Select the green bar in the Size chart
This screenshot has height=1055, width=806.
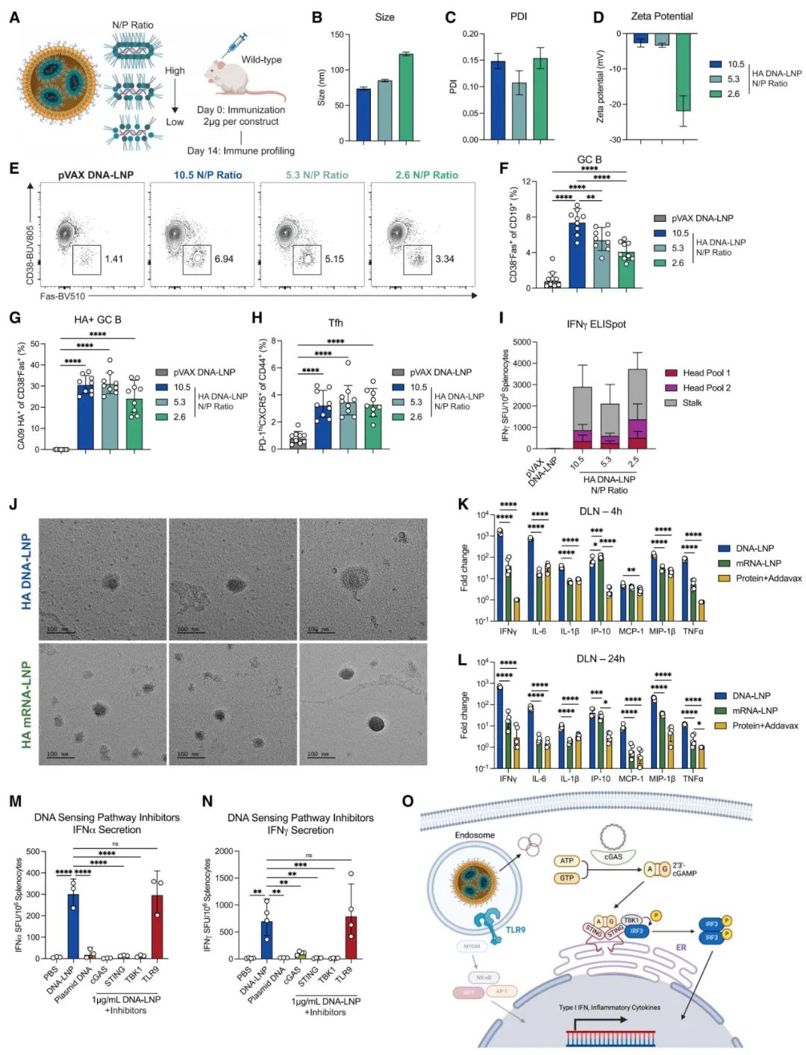pos(406,97)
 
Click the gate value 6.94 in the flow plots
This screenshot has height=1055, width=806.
pos(224,259)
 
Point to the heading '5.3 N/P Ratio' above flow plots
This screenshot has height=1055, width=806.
pos(317,175)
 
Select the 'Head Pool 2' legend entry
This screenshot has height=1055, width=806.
pos(706,388)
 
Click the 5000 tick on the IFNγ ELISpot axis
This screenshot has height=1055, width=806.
pos(522,342)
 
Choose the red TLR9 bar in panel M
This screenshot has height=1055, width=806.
pos(157,926)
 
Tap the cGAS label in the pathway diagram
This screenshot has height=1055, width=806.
pos(613,856)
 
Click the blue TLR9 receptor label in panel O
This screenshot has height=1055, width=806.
pos(516,930)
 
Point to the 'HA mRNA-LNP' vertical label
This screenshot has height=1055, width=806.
pos(26,704)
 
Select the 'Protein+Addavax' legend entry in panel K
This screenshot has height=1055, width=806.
pos(769,578)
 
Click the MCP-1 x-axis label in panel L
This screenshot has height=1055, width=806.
pos(631,779)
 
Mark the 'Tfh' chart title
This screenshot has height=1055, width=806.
pos(336,323)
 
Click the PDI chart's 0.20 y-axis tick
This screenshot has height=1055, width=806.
pos(470,34)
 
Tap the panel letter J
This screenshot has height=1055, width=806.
pos(13,504)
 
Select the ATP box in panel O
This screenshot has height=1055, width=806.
pos(566,861)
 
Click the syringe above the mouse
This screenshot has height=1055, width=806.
pos(234,45)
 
